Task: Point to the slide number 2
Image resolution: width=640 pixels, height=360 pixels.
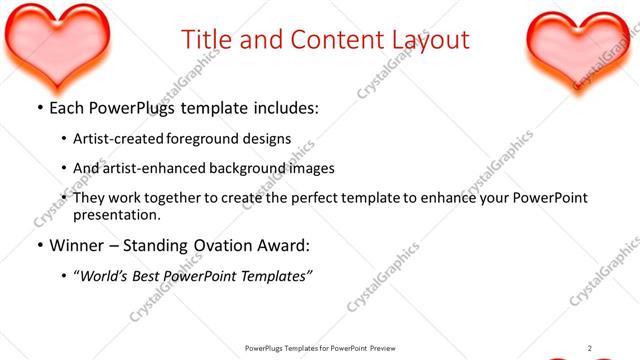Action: [590, 348]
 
